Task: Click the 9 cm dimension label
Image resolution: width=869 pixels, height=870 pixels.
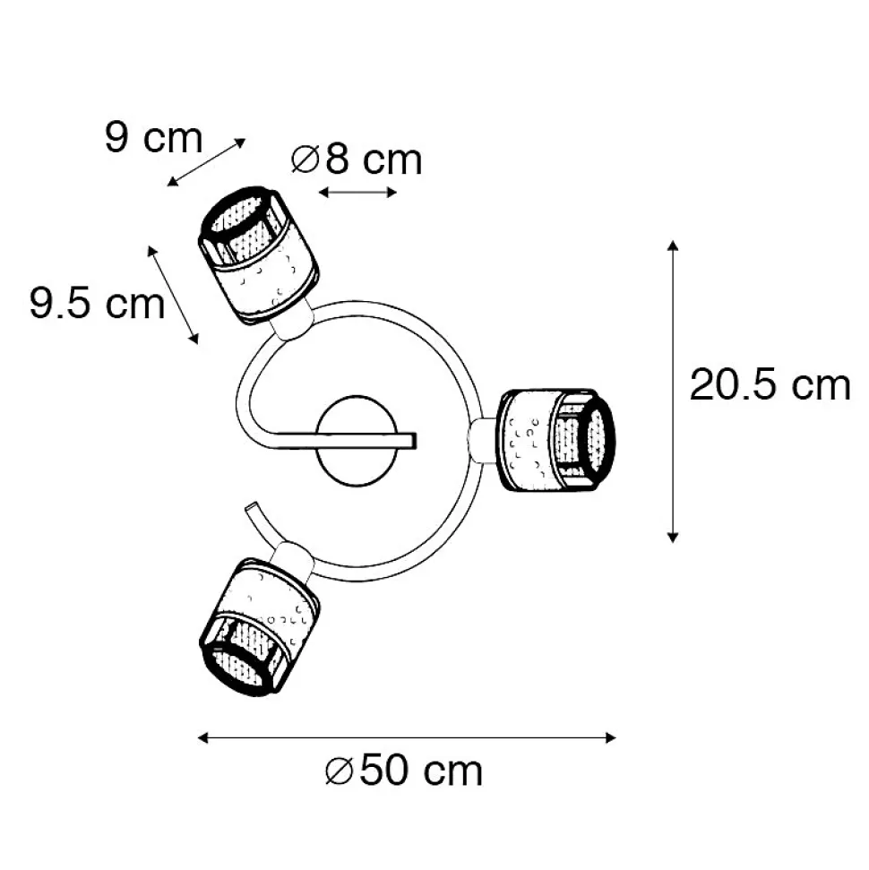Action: click(154, 137)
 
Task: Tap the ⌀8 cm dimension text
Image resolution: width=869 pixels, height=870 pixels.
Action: click(357, 159)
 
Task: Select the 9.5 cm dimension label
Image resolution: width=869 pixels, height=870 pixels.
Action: click(97, 303)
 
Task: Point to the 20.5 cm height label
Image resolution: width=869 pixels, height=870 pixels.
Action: click(770, 384)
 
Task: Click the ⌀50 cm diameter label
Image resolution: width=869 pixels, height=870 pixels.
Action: click(404, 771)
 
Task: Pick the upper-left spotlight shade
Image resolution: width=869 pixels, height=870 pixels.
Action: click(259, 255)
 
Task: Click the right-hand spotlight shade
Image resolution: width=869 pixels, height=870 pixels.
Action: click(555, 441)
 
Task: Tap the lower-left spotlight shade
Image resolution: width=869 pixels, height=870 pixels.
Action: click(259, 627)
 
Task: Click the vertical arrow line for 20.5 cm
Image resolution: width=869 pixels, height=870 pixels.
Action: click(673, 392)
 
